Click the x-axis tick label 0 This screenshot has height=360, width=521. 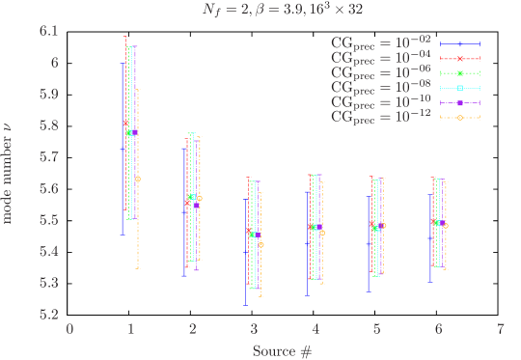69,328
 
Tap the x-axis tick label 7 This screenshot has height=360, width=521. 501,328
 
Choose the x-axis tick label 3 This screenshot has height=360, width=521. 254,328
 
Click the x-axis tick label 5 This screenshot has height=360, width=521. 377,328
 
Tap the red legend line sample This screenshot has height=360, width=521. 460,59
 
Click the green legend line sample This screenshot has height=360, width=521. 460,73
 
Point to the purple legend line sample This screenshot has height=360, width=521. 460,102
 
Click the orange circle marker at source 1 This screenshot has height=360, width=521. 138,179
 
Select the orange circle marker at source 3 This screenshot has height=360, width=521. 261,245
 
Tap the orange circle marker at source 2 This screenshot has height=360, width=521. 200,198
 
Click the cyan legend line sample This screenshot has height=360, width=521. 460,88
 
